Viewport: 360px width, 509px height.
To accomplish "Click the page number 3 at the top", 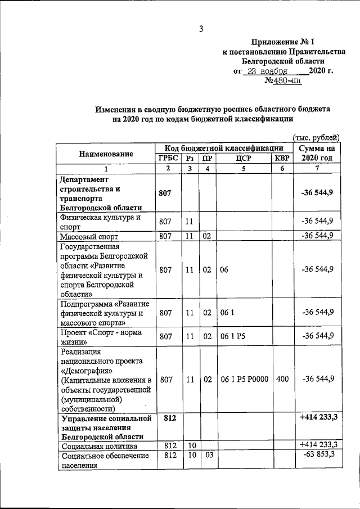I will coord(200,29).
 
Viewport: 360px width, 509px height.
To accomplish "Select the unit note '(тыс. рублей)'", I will coord(317,137).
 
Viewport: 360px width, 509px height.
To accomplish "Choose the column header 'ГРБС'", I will coord(167,158).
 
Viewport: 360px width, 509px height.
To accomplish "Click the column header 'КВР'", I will coord(282,158).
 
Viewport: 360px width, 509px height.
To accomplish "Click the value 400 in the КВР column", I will coord(282,380).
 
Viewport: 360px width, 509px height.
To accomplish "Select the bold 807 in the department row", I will coord(165,193).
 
